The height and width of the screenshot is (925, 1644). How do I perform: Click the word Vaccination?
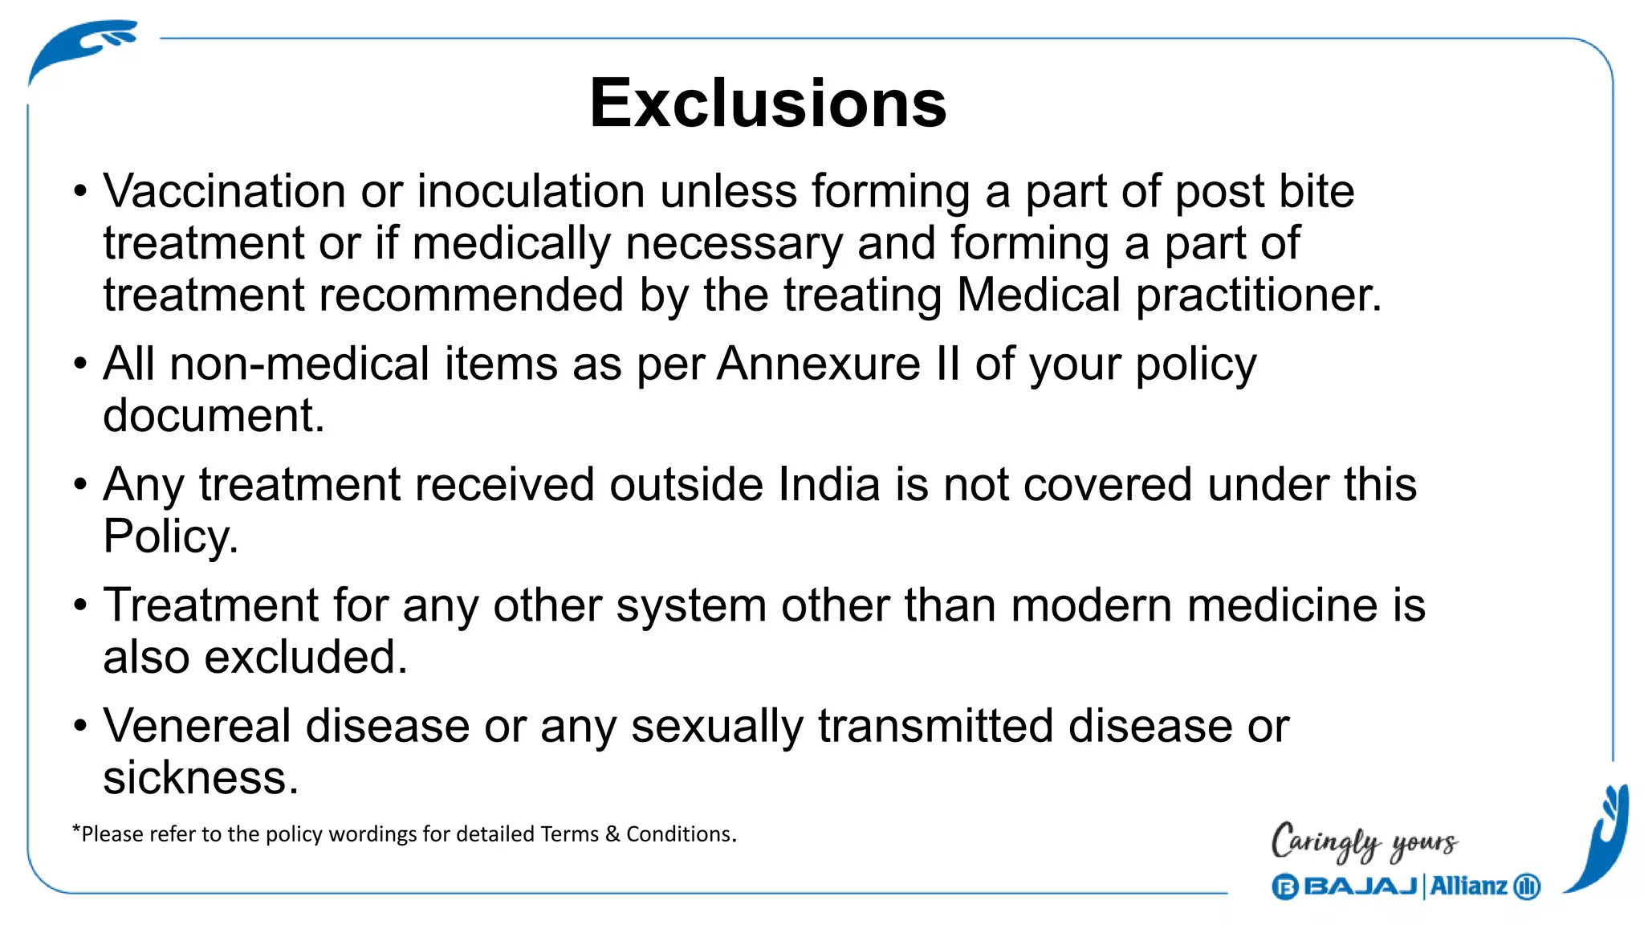tap(224, 192)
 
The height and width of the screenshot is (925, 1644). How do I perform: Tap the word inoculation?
tap(531, 192)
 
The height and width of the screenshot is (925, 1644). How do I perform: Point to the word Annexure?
tap(819, 364)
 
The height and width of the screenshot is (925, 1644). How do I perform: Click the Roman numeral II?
tap(947, 364)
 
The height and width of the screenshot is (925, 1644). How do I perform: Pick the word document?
tap(214, 416)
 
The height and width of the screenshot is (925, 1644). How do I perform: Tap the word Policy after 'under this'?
tap(170, 536)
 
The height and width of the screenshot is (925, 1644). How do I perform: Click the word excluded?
tap(306, 658)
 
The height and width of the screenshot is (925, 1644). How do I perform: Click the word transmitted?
tap(935, 726)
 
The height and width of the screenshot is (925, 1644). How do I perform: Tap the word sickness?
tap(201, 778)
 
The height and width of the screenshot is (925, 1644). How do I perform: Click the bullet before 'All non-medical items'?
tap(79, 365)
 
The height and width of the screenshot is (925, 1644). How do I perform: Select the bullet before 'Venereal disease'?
tap(79, 727)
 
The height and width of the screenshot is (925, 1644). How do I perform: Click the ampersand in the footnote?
tap(612, 834)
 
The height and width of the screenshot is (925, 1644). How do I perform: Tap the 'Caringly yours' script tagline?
tap(1364, 842)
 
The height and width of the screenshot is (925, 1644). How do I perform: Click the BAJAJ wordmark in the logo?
tap(1360, 886)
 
